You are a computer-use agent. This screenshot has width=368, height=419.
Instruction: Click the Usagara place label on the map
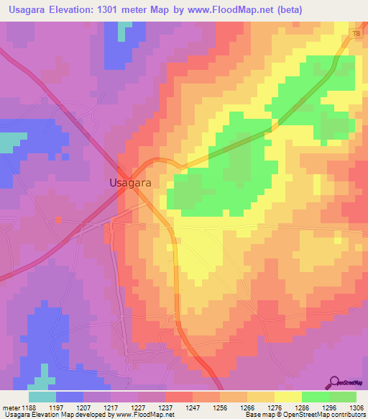(x=130, y=183)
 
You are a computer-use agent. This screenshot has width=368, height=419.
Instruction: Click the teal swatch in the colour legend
(x=42, y=397)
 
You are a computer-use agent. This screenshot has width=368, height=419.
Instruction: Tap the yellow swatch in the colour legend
(x=288, y=397)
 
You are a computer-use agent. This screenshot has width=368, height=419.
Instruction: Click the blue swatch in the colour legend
(x=70, y=397)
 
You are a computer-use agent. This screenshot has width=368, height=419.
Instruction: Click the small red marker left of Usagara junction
(x=58, y=220)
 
